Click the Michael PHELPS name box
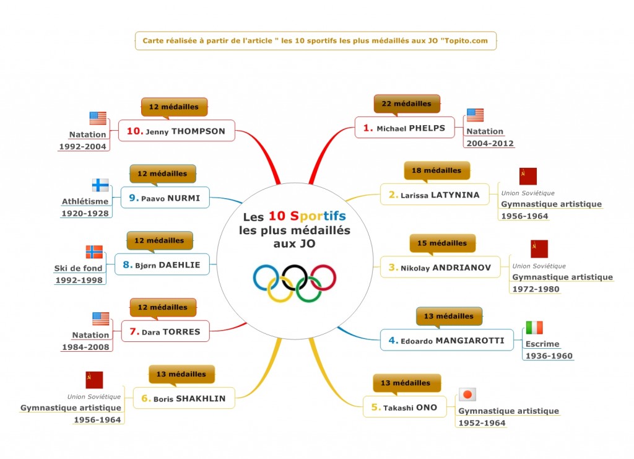(x=404, y=128)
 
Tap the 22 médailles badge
(x=406, y=103)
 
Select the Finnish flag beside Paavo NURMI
(x=100, y=185)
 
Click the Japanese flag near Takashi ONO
(x=467, y=395)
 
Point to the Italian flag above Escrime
(x=534, y=328)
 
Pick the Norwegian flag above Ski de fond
(x=94, y=252)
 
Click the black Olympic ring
(x=295, y=278)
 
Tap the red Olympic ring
(x=323, y=278)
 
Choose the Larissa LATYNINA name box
(x=435, y=195)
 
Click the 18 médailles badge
(x=436, y=170)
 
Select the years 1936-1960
(x=549, y=356)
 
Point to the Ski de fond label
(x=79, y=268)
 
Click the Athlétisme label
(x=85, y=201)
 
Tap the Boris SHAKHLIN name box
(x=184, y=398)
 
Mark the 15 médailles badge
(x=442, y=243)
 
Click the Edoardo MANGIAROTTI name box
(x=447, y=340)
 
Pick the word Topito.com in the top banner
(x=466, y=40)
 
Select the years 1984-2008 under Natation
(x=85, y=347)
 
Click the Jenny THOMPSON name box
(x=176, y=131)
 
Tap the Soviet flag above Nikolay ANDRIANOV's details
(x=539, y=249)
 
